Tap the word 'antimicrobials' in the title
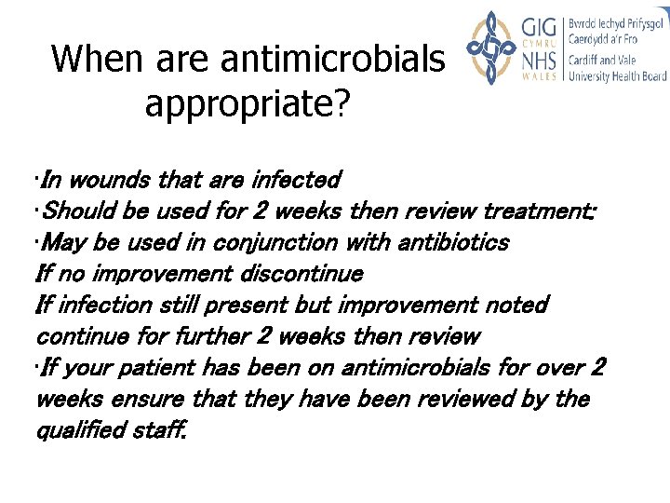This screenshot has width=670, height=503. tap(333, 60)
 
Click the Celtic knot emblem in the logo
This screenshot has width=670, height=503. tap(490, 48)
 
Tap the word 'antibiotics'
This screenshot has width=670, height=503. tap(453, 242)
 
